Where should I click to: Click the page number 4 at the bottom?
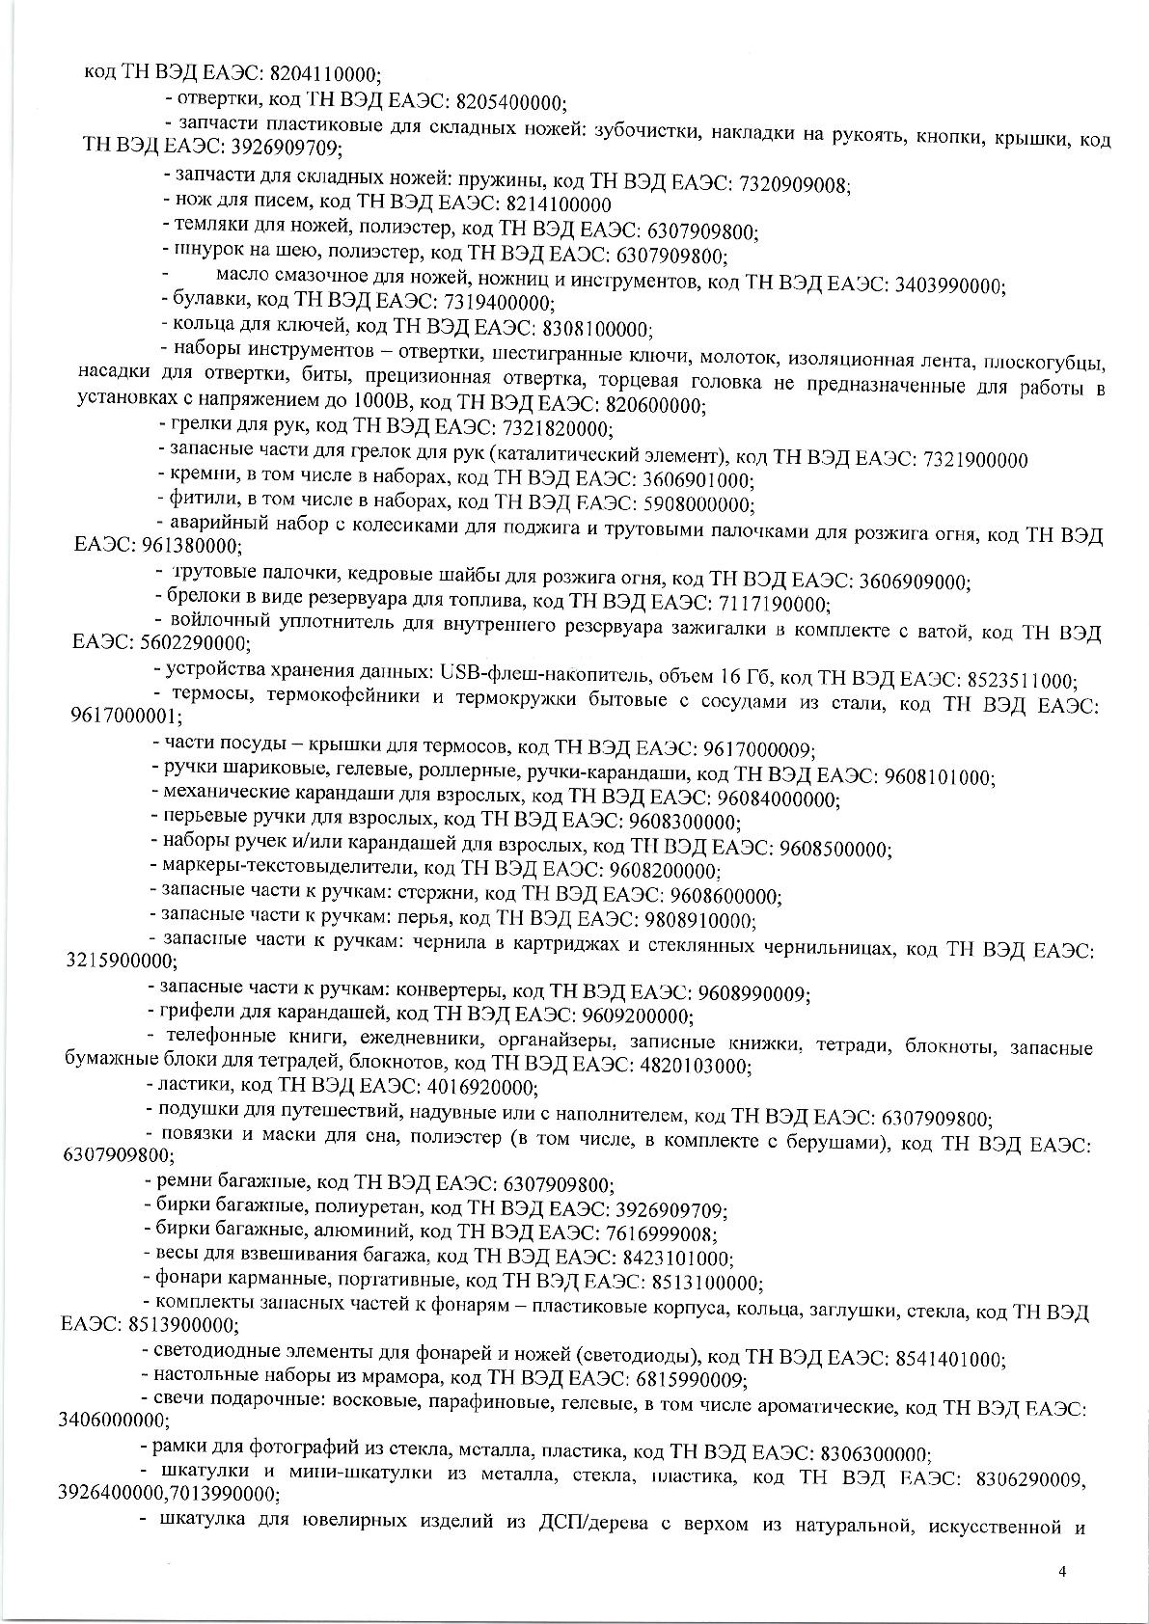tap(1061, 1571)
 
